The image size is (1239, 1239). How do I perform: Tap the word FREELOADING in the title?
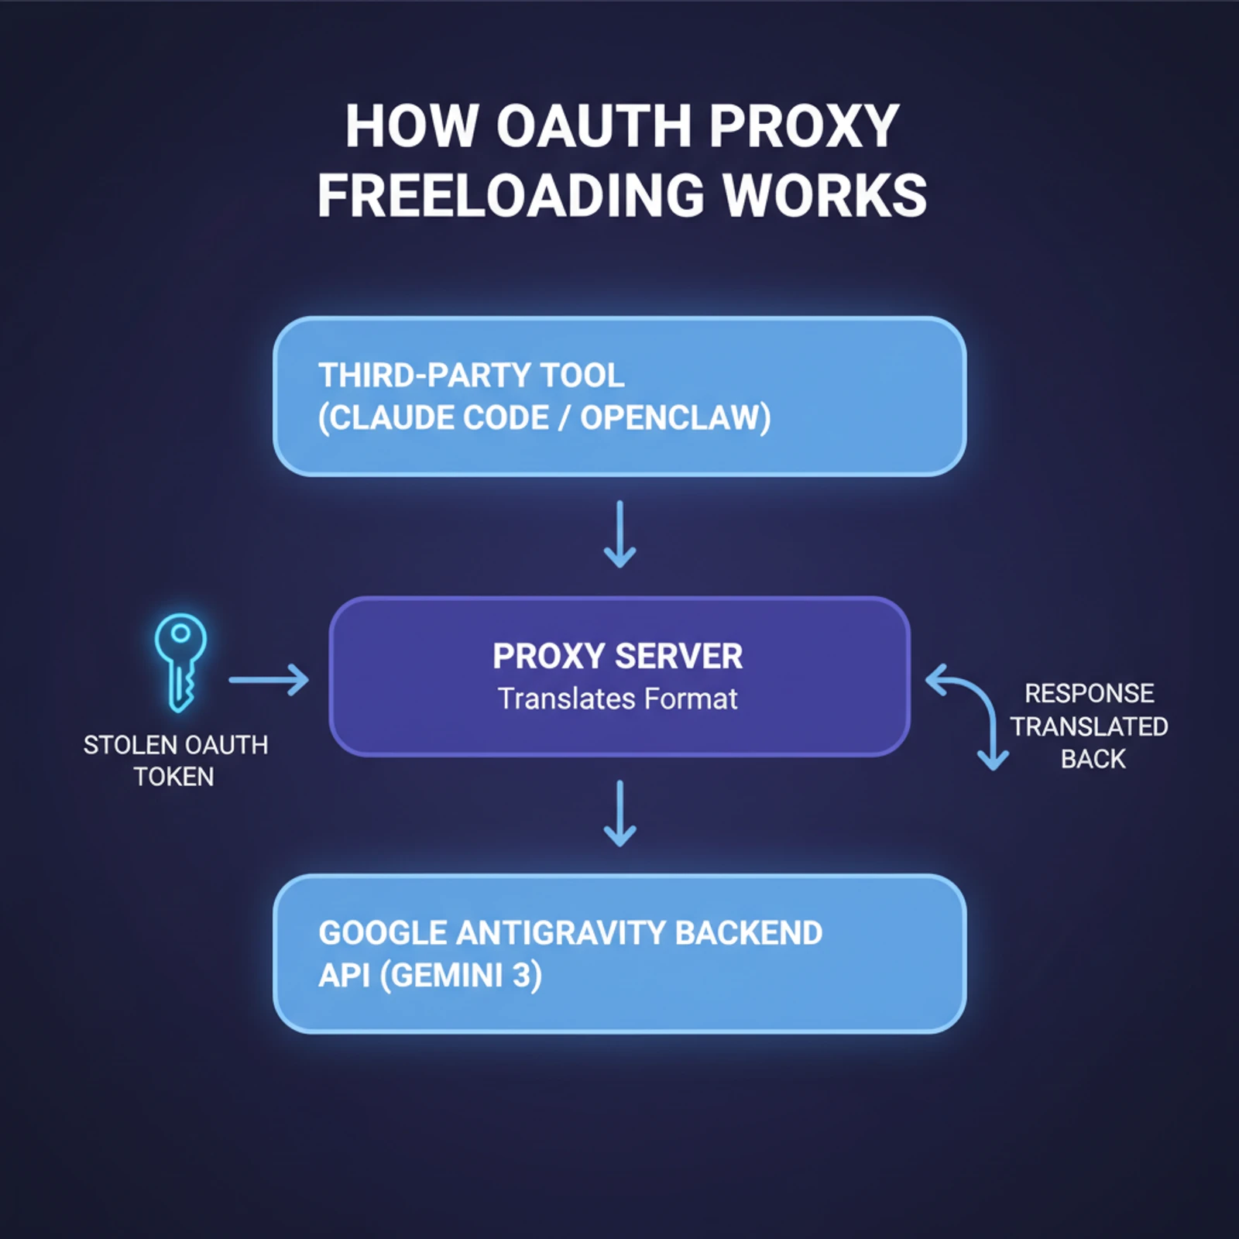(x=510, y=195)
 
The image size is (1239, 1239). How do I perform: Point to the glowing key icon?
(x=180, y=662)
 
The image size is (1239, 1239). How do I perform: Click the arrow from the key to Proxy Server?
(x=268, y=680)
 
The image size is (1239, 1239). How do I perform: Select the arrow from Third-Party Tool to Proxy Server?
(x=619, y=534)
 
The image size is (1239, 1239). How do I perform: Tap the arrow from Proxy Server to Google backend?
(x=619, y=813)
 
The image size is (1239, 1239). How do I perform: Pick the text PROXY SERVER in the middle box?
(x=617, y=657)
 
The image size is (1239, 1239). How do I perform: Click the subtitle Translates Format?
(x=617, y=699)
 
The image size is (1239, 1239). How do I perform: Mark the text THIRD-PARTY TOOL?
(x=471, y=376)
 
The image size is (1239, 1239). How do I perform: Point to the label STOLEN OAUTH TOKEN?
(x=175, y=760)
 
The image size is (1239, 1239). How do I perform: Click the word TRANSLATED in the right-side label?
(x=1089, y=726)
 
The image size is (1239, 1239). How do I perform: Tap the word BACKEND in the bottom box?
(x=748, y=933)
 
